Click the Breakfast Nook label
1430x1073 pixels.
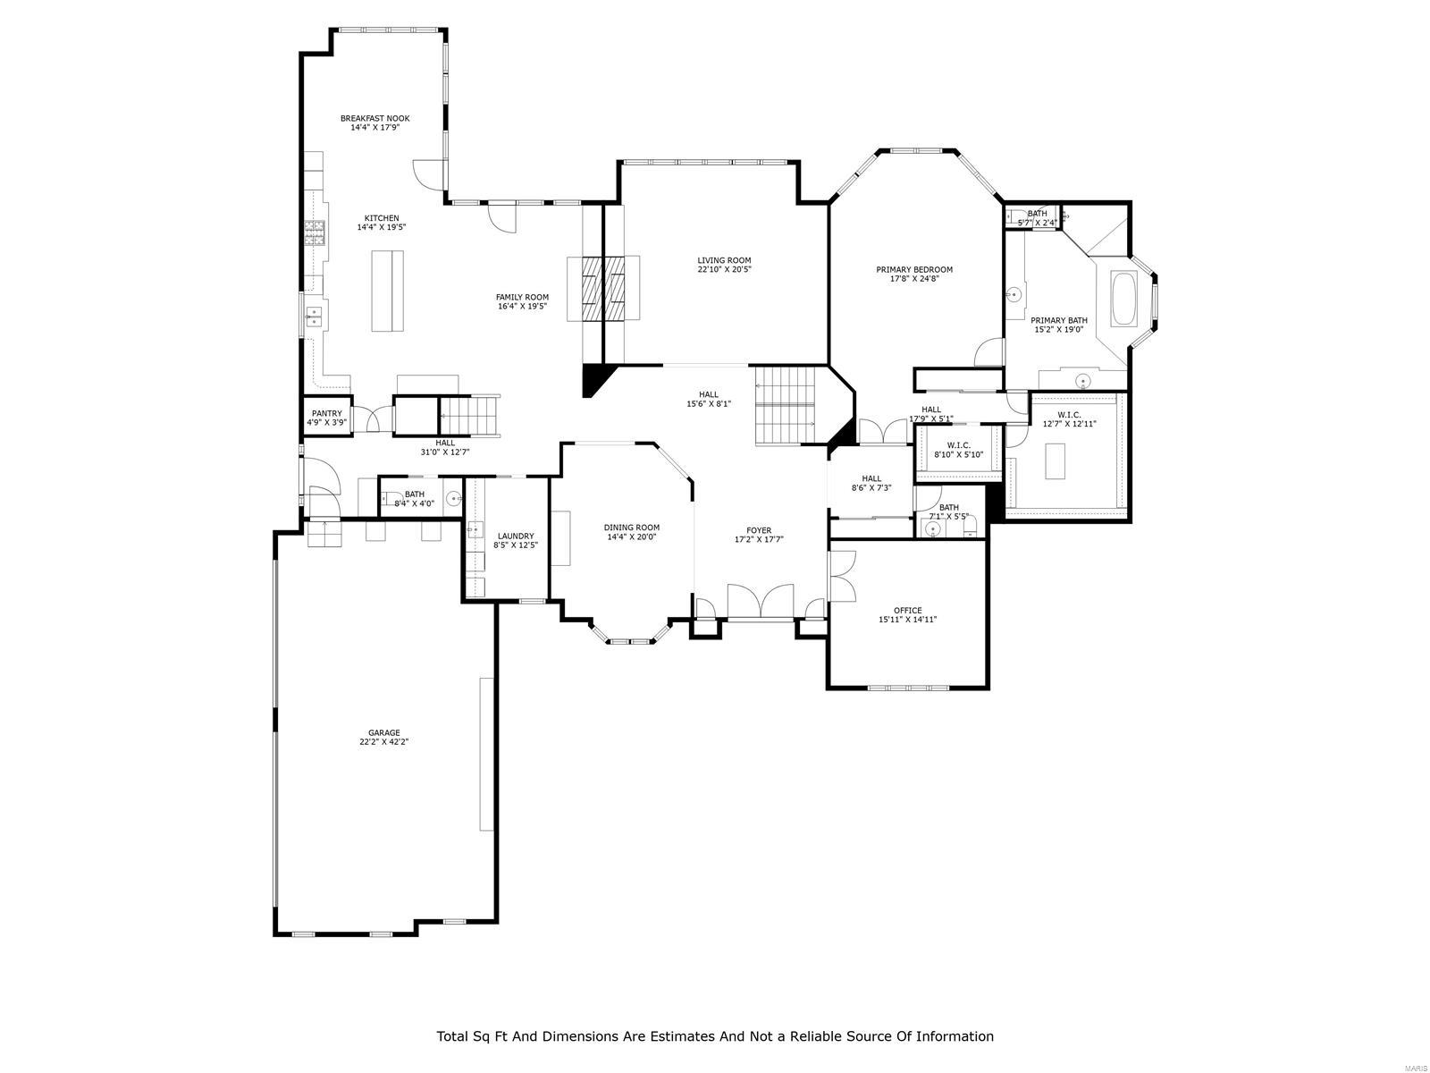point(374,118)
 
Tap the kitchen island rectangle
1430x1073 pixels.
point(387,291)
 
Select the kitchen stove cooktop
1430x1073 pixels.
point(315,232)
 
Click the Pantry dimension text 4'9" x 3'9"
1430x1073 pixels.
point(327,423)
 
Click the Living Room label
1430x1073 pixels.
point(724,260)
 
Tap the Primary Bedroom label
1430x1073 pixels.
point(914,269)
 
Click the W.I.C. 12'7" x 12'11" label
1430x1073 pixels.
point(1069,415)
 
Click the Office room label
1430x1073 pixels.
point(907,611)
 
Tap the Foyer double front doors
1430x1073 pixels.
point(761,601)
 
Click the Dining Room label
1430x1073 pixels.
point(632,528)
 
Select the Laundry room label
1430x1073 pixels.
point(516,536)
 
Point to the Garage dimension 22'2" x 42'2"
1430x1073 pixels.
point(384,741)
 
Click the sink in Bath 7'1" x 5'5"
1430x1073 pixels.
point(933,529)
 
